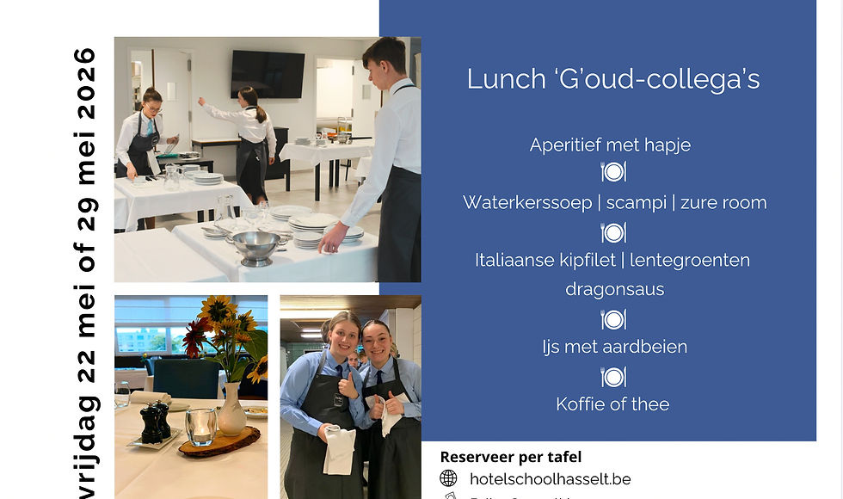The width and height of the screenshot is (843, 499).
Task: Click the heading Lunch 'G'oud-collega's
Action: click(x=612, y=79)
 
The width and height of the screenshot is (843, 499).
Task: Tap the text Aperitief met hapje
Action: click(x=610, y=145)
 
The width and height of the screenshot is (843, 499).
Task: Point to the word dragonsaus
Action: click(x=614, y=289)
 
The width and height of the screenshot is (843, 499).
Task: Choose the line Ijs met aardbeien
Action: click(x=614, y=347)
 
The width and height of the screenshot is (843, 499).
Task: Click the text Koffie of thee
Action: click(x=612, y=404)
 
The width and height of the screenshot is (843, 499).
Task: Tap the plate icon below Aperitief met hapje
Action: click(x=612, y=172)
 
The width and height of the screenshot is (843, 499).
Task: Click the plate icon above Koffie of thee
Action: click(x=612, y=376)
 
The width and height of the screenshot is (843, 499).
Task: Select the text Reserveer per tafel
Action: click(x=511, y=457)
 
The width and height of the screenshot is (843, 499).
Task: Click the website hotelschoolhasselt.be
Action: click(x=551, y=478)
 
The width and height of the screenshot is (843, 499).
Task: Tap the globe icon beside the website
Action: click(x=448, y=478)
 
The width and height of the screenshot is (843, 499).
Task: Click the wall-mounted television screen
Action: click(x=267, y=74)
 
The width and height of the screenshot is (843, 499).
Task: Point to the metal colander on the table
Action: click(x=256, y=248)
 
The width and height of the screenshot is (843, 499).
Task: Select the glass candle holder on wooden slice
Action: click(x=201, y=427)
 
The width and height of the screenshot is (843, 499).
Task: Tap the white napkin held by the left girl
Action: click(x=339, y=449)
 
